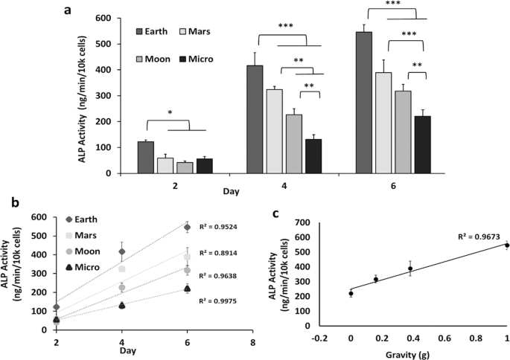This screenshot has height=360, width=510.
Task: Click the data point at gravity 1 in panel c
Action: click(x=507, y=245)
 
